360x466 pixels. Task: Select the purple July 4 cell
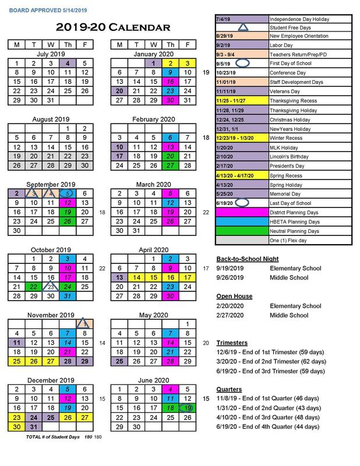pyautogui.click(x=68, y=63)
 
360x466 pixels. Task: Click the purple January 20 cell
pyautogui.click(x=119, y=91)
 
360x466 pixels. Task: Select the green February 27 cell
pyautogui.click(x=170, y=165)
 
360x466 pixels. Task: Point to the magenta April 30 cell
pyautogui.click(x=170, y=296)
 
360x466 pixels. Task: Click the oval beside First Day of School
pyautogui.click(x=243, y=63)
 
